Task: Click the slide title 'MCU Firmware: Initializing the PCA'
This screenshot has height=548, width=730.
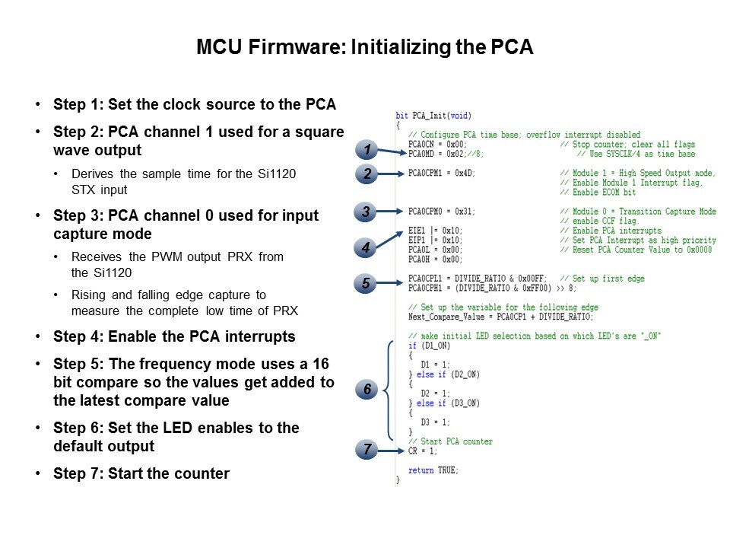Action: (x=365, y=47)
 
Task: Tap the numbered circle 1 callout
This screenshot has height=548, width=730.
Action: (x=367, y=149)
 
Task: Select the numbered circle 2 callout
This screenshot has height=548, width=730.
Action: (x=367, y=174)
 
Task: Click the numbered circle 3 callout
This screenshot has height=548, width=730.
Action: (x=367, y=212)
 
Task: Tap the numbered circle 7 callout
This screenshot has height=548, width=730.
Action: (x=367, y=451)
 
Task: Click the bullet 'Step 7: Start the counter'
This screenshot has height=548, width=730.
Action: (x=141, y=473)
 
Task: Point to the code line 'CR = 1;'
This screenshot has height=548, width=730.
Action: (x=423, y=451)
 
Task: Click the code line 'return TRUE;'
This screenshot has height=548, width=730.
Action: (x=433, y=470)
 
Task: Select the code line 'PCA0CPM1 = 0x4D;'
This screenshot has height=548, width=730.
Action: (x=442, y=173)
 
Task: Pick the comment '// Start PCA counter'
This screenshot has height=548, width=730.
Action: (x=450, y=441)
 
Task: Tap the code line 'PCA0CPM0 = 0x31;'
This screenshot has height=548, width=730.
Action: (x=442, y=211)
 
